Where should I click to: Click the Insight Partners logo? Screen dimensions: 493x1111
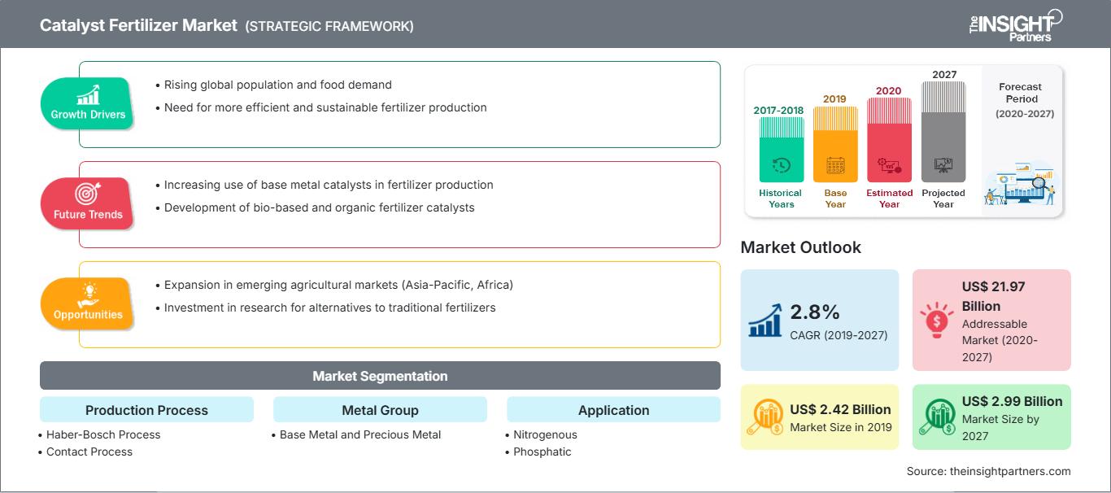pyautogui.click(x=1014, y=24)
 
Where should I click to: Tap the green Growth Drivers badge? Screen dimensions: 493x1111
pyautogui.click(x=88, y=103)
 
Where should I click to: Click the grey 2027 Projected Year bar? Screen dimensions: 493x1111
pyautogui.click(x=943, y=131)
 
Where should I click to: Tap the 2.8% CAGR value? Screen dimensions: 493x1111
pyautogui.click(x=814, y=312)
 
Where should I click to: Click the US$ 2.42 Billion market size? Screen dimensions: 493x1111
pyautogui.click(x=840, y=409)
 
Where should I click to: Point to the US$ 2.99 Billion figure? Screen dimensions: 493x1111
pyautogui.click(x=1012, y=401)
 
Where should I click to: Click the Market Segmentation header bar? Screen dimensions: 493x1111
pyautogui.click(x=380, y=376)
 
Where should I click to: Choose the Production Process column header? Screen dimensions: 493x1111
pyautogui.click(x=146, y=410)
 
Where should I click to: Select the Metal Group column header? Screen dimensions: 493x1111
pyautogui.click(x=380, y=410)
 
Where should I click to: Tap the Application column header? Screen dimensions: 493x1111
pyautogui.click(x=613, y=410)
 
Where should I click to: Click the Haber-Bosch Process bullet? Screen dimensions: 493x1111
pyautogui.click(x=103, y=434)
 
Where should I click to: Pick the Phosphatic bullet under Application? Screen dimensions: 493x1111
pyautogui.click(x=542, y=452)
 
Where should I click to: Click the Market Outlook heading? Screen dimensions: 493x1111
pyautogui.click(x=800, y=247)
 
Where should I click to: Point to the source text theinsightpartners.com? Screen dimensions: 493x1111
pyautogui.click(x=988, y=471)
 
